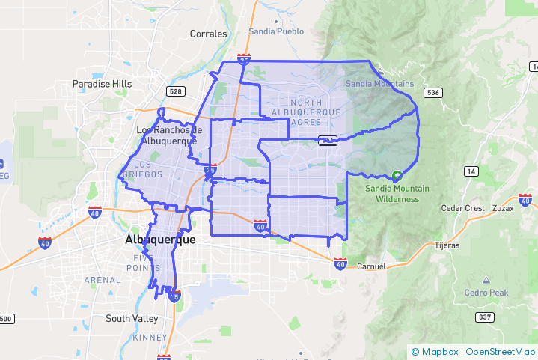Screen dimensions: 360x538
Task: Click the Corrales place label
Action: [x=208, y=34]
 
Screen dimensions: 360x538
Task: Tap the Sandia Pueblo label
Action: [x=275, y=31]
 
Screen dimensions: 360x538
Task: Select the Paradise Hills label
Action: [x=102, y=84]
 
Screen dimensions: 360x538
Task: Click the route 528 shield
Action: [x=176, y=91]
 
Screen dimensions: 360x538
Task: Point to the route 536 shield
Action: [x=432, y=93]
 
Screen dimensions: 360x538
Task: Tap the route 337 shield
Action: [x=486, y=317]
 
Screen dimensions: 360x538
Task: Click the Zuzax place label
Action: [x=503, y=208]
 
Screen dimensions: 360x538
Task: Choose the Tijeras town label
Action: [x=447, y=245]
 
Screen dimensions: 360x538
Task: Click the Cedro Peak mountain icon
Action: [x=486, y=280]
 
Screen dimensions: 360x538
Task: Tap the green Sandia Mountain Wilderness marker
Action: [x=397, y=176]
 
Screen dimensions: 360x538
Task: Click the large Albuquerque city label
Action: [x=159, y=240]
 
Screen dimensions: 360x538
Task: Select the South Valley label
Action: [x=132, y=318]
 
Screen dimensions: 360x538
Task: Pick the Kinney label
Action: [x=144, y=338]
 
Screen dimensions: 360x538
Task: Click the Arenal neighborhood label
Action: [x=102, y=280]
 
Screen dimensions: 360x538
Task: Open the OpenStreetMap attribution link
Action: [x=501, y=352]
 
